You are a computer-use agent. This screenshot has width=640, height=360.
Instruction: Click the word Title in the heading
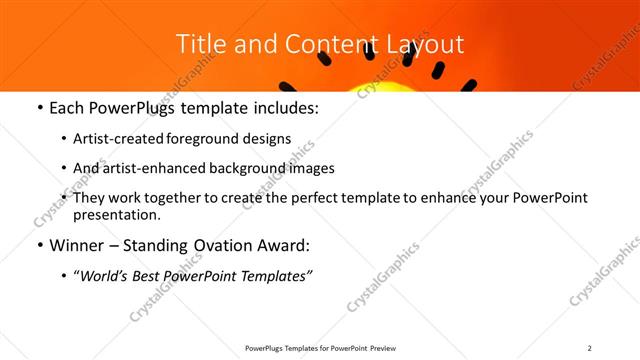point(199,44)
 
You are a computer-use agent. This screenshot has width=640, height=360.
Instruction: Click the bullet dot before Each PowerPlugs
point(38,108)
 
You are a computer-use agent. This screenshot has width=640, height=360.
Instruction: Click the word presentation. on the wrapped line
point(117,214)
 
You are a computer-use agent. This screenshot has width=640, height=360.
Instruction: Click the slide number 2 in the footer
point(589,348)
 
